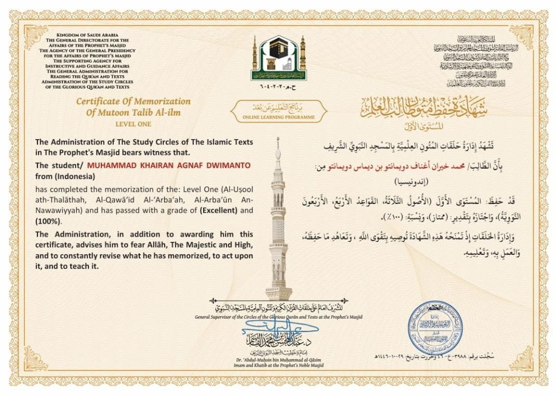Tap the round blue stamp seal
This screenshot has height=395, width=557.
click(435, 328)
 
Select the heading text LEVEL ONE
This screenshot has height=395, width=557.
click(134, 124)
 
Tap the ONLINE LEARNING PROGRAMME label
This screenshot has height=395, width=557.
click(278, 117)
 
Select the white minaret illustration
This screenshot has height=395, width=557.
click(278, 223)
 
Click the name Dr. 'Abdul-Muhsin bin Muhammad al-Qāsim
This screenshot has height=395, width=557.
click(279, 360)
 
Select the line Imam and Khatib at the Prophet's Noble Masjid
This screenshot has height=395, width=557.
click(279, 366)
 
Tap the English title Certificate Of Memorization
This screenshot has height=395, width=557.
click(134, 102)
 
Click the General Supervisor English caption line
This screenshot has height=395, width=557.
click(279, 317)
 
